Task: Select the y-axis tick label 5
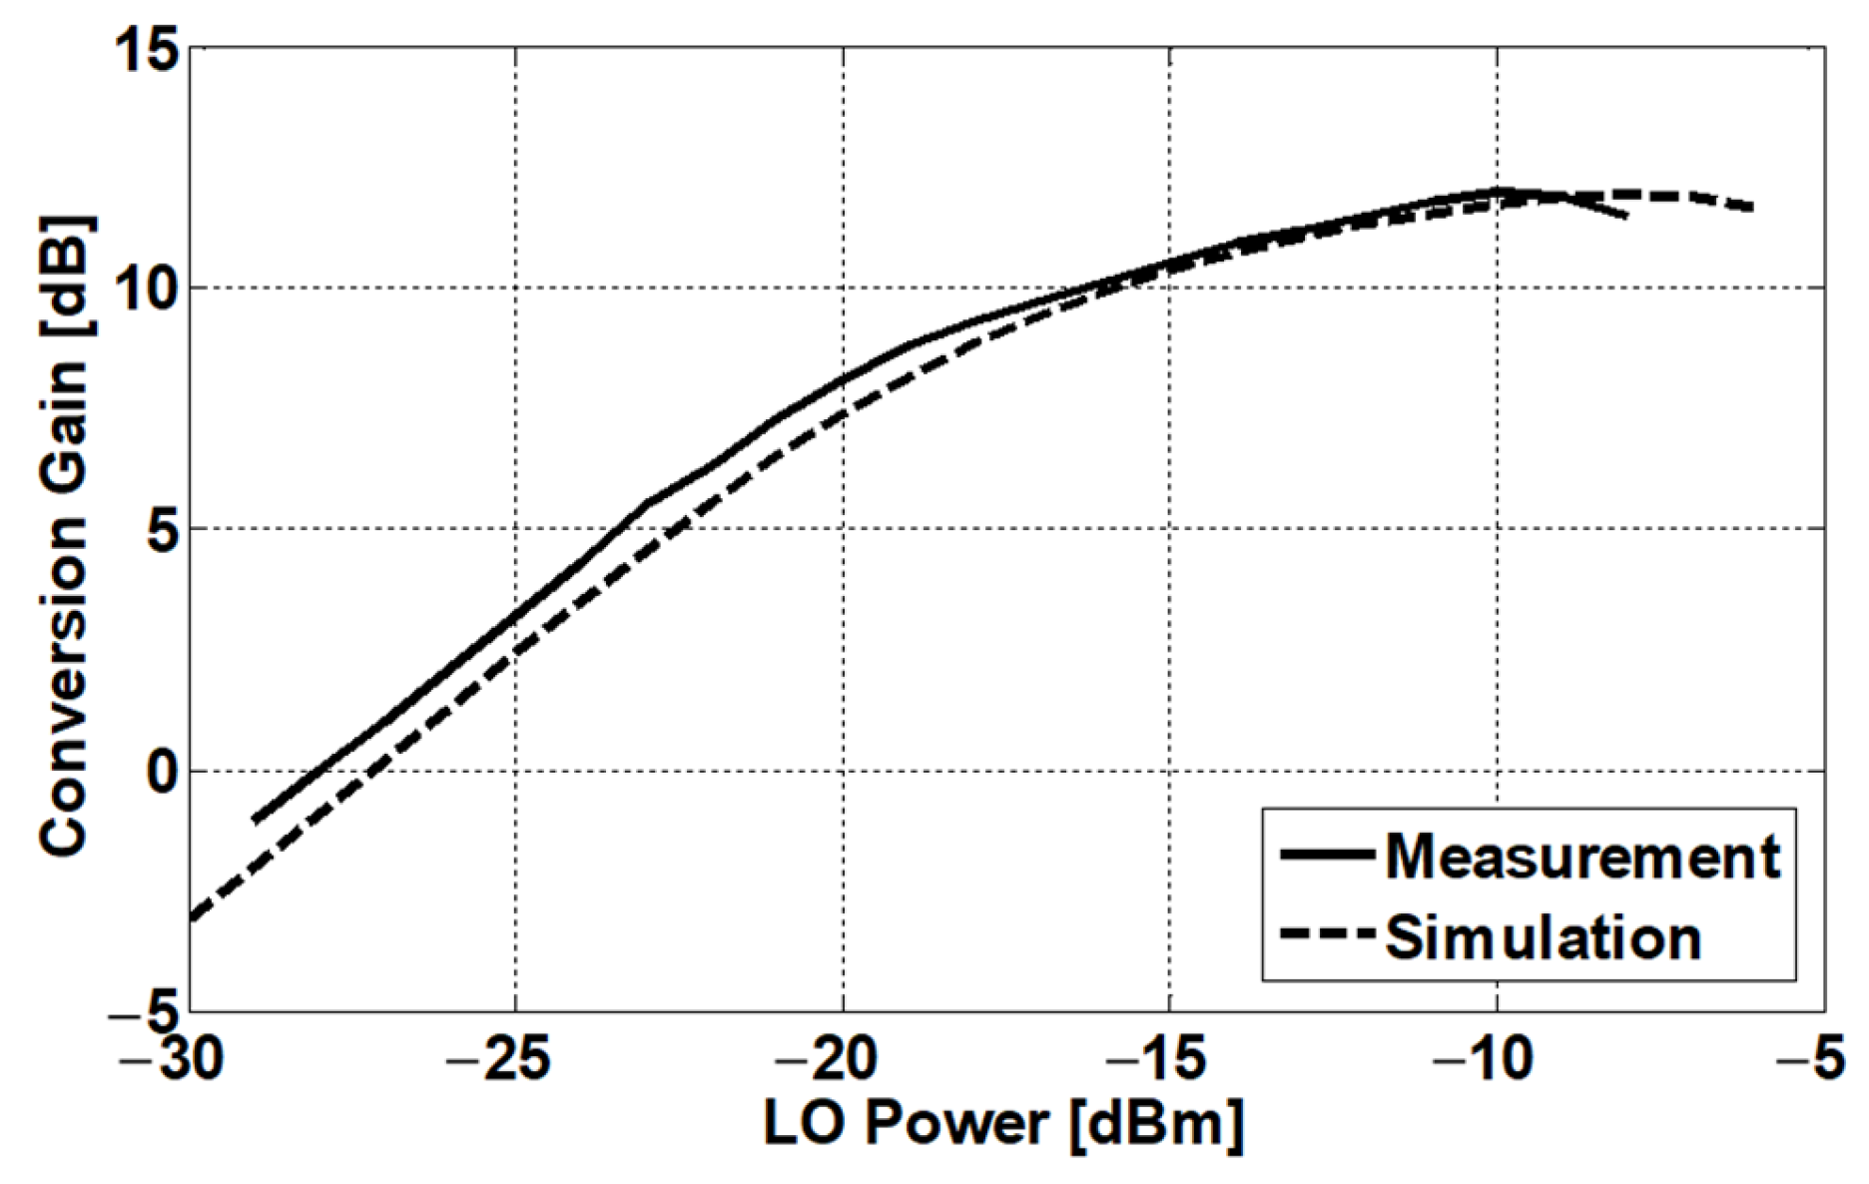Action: [165, 530]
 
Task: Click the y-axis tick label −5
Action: [148, 1010]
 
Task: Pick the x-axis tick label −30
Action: [172, 1060]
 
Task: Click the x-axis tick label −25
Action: [498, 1060]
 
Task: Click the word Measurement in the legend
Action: [1581, 857]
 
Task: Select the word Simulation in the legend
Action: [1543, 937]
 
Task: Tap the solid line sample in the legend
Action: [1328, 855]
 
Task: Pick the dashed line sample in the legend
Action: [1328, 935]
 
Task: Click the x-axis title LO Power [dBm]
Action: [1003, 1124]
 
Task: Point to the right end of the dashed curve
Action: [1751, 208]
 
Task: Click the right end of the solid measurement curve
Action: [1626, 216]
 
